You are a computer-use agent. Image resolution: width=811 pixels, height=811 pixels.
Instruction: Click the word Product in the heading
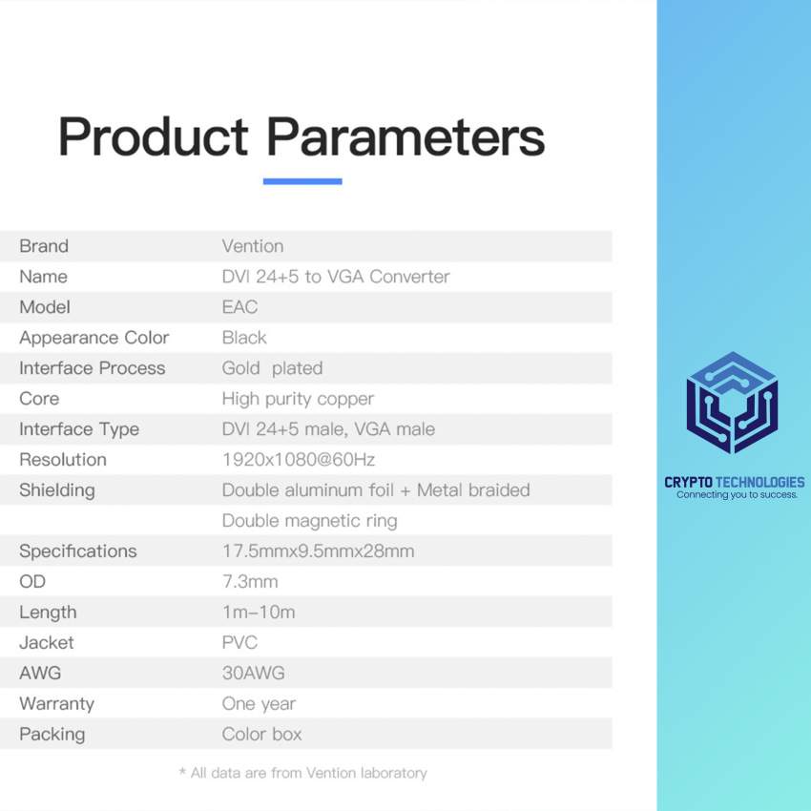(154, 137)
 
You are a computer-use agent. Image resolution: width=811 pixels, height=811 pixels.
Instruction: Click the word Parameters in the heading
(405, 136)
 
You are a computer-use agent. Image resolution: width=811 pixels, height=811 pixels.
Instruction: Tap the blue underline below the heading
(302, 181)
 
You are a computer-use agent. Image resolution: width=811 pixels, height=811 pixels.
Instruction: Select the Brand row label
(44, 245)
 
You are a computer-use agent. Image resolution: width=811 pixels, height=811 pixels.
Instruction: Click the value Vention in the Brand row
(253, 245)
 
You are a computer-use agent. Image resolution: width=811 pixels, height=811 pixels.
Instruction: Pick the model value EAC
(240, 306)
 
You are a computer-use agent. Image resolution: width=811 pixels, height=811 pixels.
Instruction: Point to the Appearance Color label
(94, 337)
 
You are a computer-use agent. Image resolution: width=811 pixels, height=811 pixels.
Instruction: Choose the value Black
(244, 337)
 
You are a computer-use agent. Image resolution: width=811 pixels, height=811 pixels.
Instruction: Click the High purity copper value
(298, 399)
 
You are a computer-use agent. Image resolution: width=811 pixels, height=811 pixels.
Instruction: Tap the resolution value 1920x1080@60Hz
(299, 459)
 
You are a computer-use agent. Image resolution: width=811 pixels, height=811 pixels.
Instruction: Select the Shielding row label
(57, 490)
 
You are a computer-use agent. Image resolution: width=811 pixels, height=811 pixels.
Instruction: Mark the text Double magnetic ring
(310, 521)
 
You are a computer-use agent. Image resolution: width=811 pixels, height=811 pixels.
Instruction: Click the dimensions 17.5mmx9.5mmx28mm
(319, 551)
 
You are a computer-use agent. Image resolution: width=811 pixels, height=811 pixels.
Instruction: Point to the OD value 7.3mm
(250, 581)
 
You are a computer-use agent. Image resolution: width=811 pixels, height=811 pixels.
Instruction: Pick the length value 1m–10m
(259, 612)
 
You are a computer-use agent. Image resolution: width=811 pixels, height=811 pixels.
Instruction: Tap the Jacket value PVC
(240, 642)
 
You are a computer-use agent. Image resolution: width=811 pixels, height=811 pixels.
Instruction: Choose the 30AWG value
(254, 673)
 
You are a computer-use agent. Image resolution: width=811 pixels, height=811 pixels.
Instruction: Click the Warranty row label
(57, 703)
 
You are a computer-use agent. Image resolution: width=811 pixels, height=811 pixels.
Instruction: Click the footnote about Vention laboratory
(303, 773)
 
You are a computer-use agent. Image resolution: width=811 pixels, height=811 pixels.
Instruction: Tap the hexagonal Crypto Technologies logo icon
(733, 403)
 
